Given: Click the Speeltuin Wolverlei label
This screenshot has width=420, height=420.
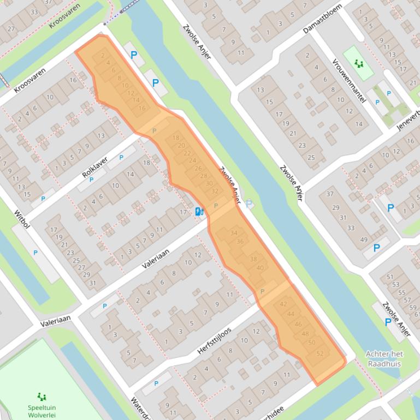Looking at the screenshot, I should click(x=42, y=411).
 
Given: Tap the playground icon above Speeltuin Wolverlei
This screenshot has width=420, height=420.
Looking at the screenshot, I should click(x=42, y=397).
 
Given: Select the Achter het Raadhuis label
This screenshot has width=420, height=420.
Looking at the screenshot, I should click(x=383, y=358).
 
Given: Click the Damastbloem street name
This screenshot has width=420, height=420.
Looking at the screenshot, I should click(x=323, y=19).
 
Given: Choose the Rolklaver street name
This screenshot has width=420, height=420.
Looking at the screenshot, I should click(x=95, y=166).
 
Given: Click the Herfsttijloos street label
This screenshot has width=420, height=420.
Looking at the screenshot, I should click(x=215, y=341).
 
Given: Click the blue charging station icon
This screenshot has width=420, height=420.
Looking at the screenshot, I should click(x=200, y=212).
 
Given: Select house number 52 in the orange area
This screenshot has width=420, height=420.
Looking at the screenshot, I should click(x=320, y=353).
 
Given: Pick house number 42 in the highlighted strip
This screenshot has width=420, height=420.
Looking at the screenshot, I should click(x=283, y=304).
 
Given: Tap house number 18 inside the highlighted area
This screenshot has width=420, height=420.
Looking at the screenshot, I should click(x=176, y=137).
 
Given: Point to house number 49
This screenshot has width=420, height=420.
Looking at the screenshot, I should click(x=364, y=240).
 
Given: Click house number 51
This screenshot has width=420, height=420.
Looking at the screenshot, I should click(x=390, y=277).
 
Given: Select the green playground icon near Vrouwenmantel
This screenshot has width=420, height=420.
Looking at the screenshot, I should click(x=359, y=64).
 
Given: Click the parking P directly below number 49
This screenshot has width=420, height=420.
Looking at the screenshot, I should click(x=376, y=248).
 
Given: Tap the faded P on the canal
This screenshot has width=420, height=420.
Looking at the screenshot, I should click(x=249, y=204).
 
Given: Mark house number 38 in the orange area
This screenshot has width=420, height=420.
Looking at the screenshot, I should click(x=253, y=259).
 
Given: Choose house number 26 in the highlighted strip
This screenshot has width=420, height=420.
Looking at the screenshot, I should click(x=198, y=168).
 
